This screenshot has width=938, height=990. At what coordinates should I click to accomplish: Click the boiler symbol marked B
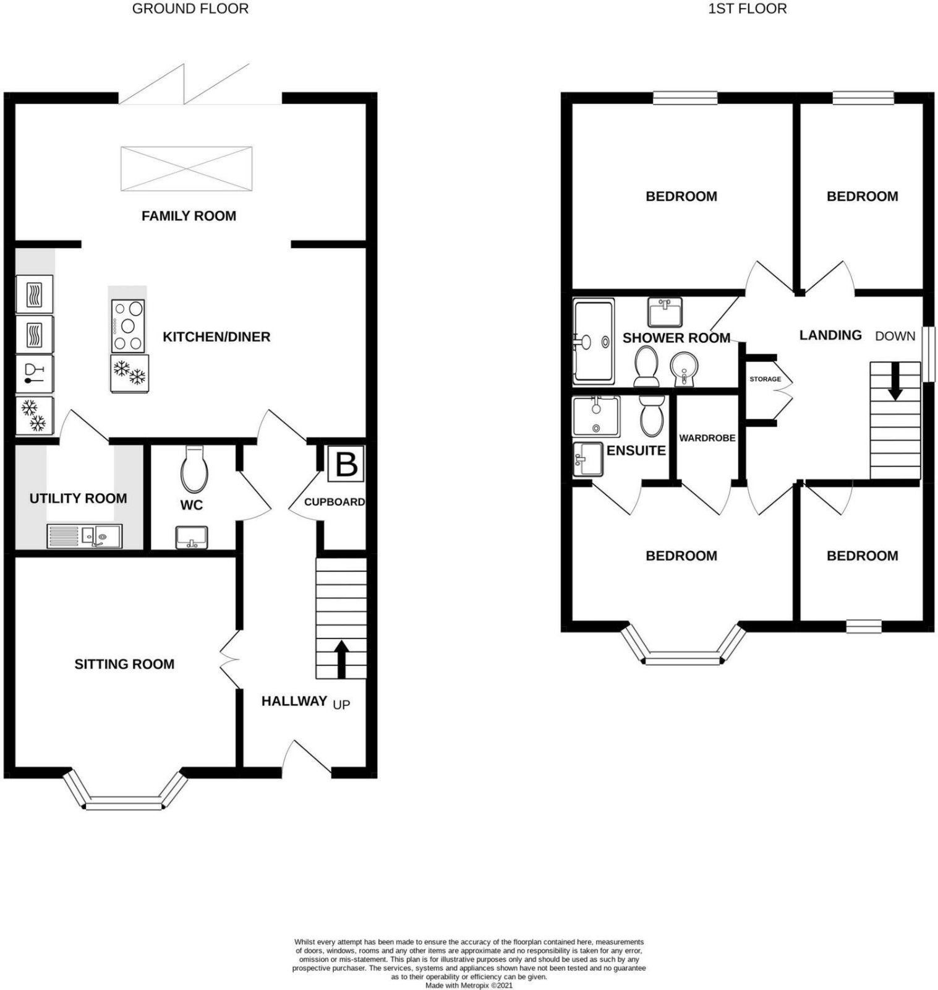346,464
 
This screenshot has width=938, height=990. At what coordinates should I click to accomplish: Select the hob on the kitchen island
128,325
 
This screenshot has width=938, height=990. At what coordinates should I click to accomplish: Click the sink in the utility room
85,536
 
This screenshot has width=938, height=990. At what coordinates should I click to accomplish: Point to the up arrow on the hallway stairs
341,658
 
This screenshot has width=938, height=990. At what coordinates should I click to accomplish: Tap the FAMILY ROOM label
189,216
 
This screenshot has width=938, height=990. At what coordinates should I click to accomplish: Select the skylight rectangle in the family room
186,169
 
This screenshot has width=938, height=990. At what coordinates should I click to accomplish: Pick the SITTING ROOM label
124,665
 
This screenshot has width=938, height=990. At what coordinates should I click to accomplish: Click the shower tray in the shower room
594,342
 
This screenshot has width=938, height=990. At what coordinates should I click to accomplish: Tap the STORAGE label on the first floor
765,379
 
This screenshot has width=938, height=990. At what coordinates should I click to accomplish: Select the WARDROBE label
707,438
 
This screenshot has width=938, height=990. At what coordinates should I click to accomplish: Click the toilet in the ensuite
651,416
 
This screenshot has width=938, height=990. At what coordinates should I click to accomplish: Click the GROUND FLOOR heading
190,9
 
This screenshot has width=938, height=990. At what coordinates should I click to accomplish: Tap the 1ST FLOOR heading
748,9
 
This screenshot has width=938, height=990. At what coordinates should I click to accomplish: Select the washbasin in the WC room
192,538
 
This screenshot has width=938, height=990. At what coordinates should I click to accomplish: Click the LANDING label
830,335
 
